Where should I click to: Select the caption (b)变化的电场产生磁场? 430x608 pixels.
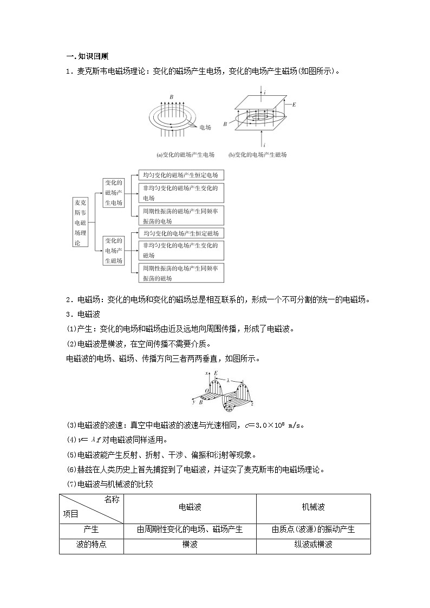click(257, 155)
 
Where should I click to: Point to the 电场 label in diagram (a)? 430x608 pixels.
click(205, 128)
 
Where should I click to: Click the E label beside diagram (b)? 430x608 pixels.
click(294, 103)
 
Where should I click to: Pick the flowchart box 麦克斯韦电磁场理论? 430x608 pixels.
click(80, 223)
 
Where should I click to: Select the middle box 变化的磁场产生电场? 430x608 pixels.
click(114, 193)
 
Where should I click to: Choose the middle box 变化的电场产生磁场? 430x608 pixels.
click(114, 250)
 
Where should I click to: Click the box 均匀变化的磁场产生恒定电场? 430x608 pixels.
click(181, 175)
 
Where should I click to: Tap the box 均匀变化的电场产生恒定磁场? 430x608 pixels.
click(181, 233)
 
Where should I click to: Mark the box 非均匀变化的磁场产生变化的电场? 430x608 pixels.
click(181, 193)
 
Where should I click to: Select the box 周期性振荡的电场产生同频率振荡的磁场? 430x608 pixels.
click(181, 273)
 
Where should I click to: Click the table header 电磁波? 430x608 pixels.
click(190, 507)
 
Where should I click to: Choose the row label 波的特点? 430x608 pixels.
click(91, 544)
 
